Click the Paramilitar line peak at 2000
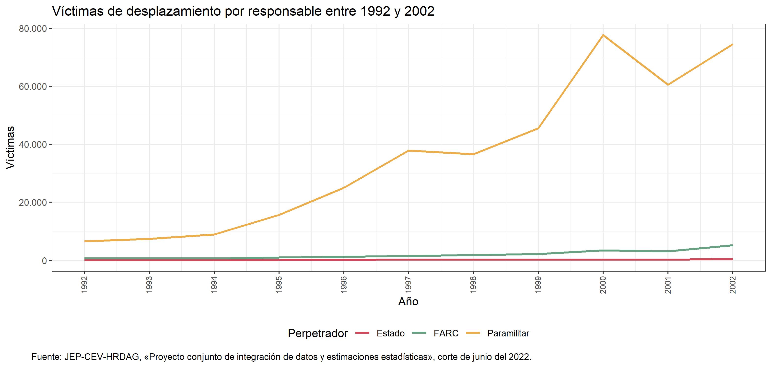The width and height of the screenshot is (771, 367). coord(603,35)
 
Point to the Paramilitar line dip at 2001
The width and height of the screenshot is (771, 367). coord(668,85)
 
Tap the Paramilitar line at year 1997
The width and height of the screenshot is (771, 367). coord(409,150)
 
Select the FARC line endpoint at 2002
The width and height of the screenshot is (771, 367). coord(732,245)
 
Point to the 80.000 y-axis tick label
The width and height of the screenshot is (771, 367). coord(33,29)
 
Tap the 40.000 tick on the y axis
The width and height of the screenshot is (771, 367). coord(33,144)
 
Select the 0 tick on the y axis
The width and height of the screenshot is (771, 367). coord(44,261)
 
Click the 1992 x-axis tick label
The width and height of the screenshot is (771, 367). coord(84,285)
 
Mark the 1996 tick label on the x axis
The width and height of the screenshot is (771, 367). coord(344,285)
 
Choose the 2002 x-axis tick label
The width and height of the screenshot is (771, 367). coord(732,285)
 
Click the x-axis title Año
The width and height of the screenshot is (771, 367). coord(408,301)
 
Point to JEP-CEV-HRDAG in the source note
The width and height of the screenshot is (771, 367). coord(102,357)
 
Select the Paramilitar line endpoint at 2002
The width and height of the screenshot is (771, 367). coord(732,45)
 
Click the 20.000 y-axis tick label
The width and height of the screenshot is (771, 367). coord(33,203)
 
